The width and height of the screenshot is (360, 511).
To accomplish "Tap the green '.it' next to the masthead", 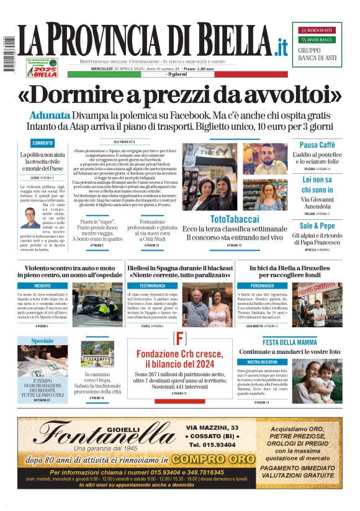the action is click(281, 46).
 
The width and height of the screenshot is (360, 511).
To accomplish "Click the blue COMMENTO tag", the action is click(43, 143).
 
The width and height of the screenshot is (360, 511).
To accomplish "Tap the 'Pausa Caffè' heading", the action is click(317, 145).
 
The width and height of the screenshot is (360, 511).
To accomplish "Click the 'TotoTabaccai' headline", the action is click(235, 219).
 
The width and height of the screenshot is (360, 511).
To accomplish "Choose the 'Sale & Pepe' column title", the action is click(317, 226).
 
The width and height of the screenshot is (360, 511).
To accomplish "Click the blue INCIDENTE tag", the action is click(43, 285).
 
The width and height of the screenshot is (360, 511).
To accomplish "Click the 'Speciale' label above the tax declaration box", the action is click(42, 341).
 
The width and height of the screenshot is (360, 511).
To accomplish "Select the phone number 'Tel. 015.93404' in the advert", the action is click(212, 445).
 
